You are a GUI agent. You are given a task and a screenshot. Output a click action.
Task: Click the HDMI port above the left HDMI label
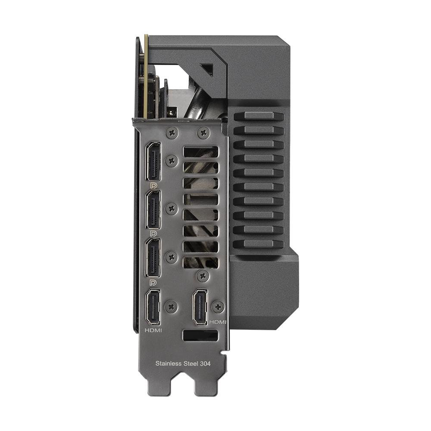pyautogui.click(x=153, y=307)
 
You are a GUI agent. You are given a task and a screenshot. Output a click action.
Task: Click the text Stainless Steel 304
pyautogui.click(x=183, y=363)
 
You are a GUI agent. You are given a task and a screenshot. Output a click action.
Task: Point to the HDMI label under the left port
pyautogui.click(x=153, y=330)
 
